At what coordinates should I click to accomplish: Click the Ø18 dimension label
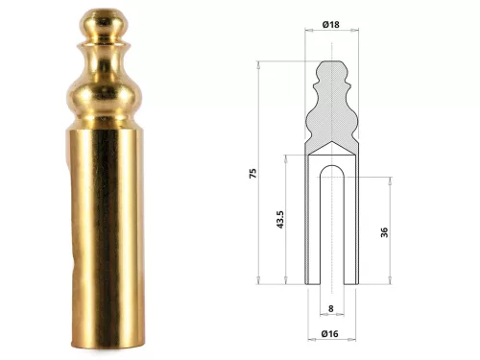pos(331,24)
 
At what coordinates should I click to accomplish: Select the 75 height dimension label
pos(252,173)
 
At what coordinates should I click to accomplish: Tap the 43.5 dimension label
pos(280,219)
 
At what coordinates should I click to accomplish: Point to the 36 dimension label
pos(384,232)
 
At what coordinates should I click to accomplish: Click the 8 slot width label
pos(331,308)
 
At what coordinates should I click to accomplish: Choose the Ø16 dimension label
pos(329,334)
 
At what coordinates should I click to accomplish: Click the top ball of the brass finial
pos(102,25)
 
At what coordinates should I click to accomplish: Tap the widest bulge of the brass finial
pos(105,97)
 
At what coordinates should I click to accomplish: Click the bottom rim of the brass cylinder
pos(108,345)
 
